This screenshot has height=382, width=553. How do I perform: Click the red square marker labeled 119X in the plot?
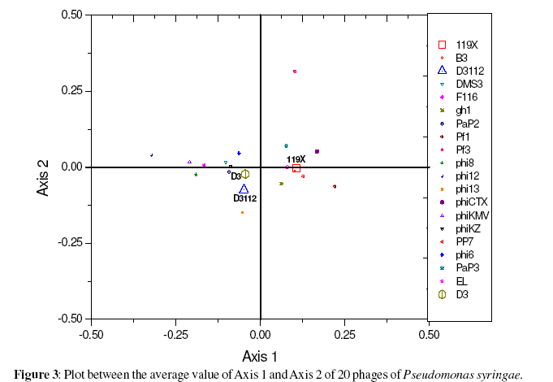[296, 167]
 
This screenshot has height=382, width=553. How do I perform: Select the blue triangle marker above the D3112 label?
[244, 189]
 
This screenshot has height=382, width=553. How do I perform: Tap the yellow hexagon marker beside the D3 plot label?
[245, 173]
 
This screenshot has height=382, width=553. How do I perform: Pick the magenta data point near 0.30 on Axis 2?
[295, 72]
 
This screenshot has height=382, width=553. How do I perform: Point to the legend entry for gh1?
[463, 110]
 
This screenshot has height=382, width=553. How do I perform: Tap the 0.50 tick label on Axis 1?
[429, 333]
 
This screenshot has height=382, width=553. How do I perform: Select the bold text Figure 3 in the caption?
[35, 374]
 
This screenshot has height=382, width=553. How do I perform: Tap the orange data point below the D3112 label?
[242, 213]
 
